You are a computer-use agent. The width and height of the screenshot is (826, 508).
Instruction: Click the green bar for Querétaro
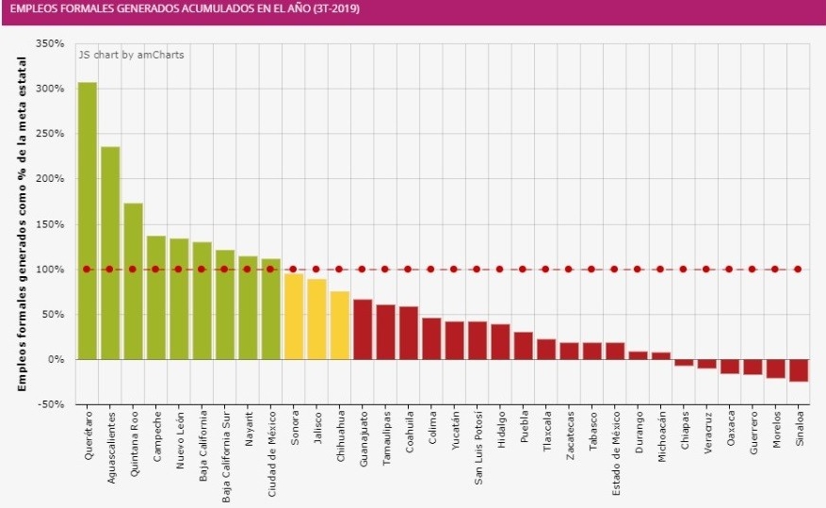pyautogui.click(x=87, y=221)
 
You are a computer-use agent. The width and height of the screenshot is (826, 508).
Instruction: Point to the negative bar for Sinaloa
pyautogui.click(x=798, y=370)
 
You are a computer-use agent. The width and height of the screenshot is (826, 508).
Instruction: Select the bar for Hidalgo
pyautogui.click(x=500, y=341)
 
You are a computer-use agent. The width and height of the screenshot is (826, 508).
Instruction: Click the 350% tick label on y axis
pyautogui.click(x=50, y=43)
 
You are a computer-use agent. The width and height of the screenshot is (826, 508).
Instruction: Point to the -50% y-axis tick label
pyautogui.click(x=50, y=404)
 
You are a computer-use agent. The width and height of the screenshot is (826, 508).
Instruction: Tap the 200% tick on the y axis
pyautogui.click(x=50, y=179)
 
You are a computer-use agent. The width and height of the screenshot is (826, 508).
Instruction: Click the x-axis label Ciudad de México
pyautogui.click(x=270, y=449)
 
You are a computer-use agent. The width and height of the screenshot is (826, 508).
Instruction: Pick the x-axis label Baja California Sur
pyautogui.click(x=225, y=451)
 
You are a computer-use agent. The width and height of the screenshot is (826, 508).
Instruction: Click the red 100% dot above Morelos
pyautogui.click(x=775, y=269)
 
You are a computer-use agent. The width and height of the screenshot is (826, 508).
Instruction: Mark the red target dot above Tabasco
pyautogui.click(x=591, y=269)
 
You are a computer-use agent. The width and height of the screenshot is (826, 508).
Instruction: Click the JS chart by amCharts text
pyautogui.click(x=131, y=55)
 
